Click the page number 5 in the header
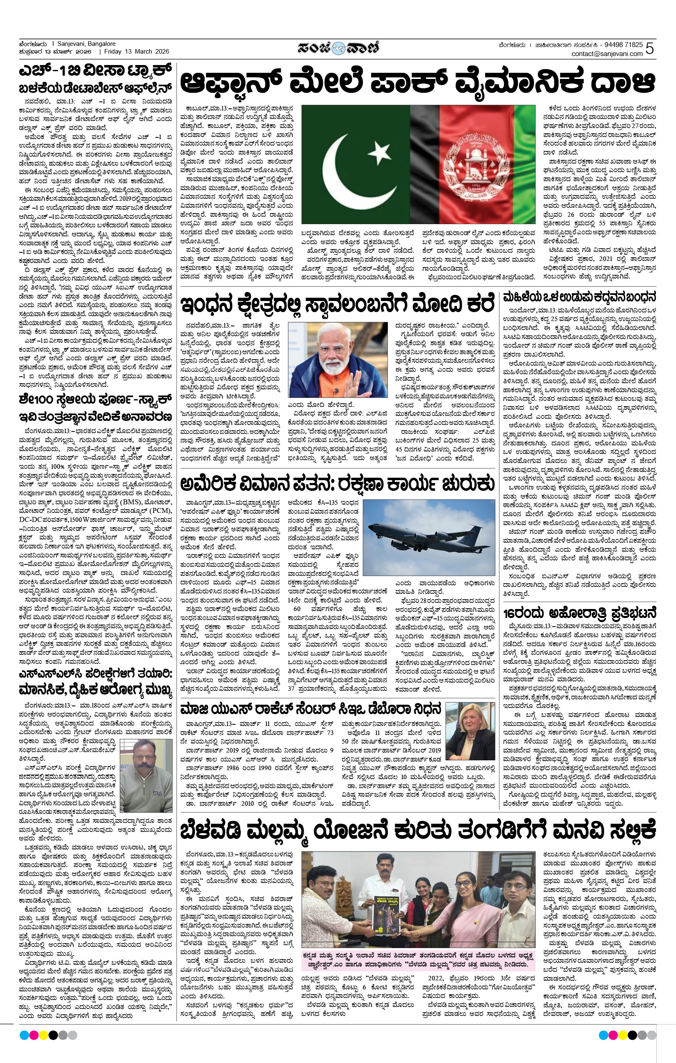650,49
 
